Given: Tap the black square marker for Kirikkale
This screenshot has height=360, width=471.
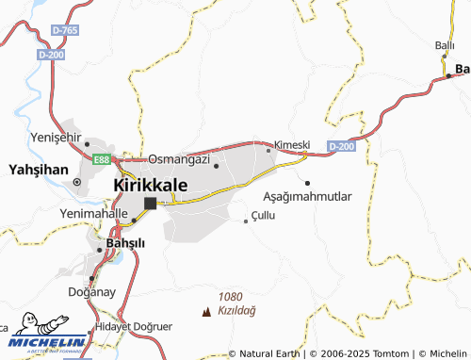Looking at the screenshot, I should (149, 203).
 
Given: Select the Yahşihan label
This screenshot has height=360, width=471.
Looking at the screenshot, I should (35, 170).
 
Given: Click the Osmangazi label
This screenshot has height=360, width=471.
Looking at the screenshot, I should (177, 158).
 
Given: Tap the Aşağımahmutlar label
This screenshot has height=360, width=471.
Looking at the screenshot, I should (306, 197).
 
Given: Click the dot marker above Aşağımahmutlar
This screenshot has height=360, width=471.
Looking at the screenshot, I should (307, 182).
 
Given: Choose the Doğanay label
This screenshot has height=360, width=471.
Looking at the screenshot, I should (92, 291).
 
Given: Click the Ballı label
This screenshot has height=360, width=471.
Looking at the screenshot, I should (445, 44).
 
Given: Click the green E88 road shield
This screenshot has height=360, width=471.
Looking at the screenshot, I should (103, 159).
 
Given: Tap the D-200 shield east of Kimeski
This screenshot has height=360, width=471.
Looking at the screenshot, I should (341, 146).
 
